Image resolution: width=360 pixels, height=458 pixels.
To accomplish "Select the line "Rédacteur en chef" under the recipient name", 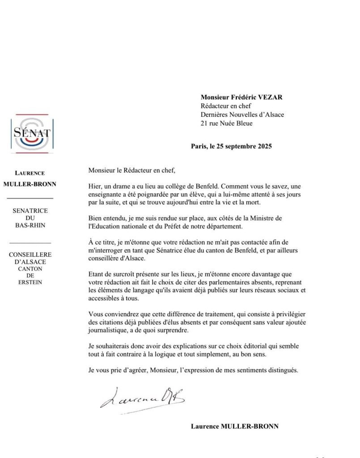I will click(x=226, y=106).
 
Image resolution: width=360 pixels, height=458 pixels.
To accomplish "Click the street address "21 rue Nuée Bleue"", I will click(x=227, y=123).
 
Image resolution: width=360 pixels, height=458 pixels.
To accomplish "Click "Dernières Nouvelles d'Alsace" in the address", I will click(x=242, y=114).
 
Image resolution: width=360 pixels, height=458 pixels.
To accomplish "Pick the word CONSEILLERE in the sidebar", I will click(x=30, y=254).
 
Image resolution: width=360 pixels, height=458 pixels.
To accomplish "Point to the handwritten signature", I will click(x=142, y=396).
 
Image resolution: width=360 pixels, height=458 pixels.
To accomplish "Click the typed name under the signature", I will click(x=234, y=426).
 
